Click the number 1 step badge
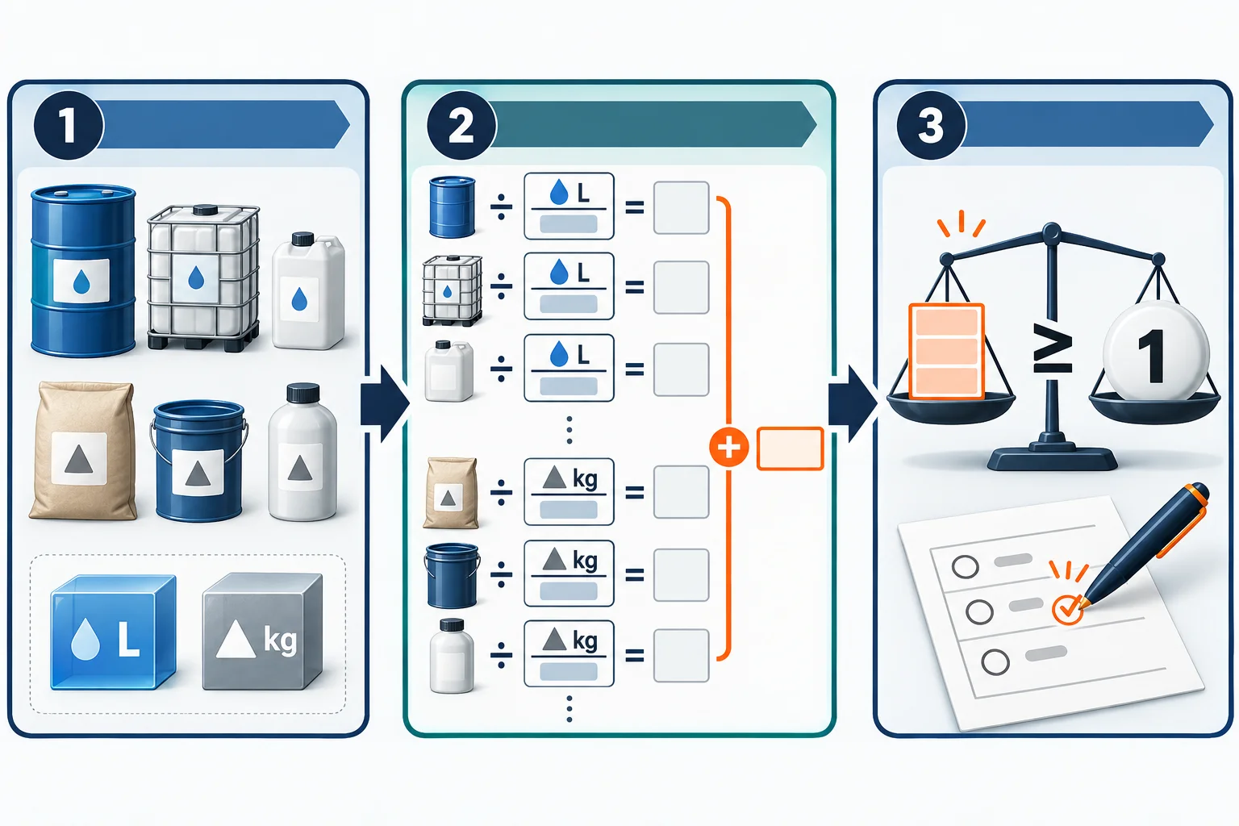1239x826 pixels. [x=69, y=125]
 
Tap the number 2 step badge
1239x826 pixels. [x=462, y=125]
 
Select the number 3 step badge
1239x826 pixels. [x=932, y=125]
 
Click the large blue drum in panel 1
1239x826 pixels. [x=83, y=270]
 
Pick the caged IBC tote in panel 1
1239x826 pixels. [x=203, y=277]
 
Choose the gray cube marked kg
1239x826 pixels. [x=262, y=632]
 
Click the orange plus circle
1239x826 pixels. [x=729, y=447]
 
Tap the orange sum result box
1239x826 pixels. [x=790, y=448]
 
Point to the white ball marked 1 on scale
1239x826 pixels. [x=1155, y=350]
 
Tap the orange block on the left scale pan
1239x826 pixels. [x=946, y=351]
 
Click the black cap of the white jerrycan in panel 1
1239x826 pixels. [x=302, y=239]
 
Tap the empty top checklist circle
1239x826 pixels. [x=966, y=566]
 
